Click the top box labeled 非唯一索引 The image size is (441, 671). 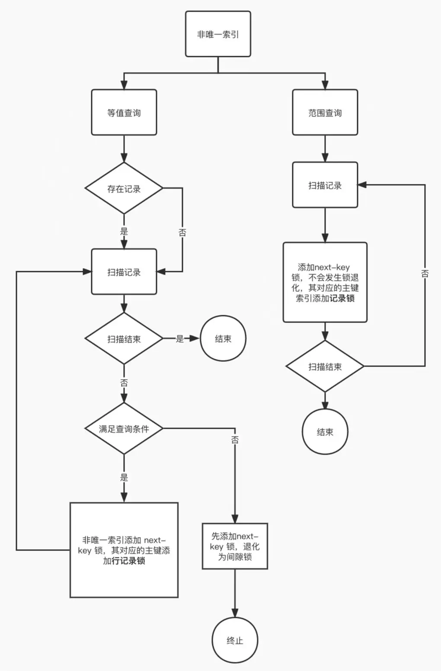218,34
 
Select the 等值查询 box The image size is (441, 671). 124,113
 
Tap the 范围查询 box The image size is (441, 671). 325,113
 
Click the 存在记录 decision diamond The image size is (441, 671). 124,188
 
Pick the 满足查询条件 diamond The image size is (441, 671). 124,429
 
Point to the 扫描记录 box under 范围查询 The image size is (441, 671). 325,185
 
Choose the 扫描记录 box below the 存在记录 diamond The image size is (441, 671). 124,272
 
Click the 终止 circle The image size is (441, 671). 235,640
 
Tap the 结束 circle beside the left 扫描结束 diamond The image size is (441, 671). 223,339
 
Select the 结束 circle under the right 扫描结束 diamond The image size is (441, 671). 325,432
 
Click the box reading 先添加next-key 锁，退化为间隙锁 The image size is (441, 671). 235,546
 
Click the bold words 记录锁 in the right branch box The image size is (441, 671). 342,298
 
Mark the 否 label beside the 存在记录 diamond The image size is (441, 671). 182,233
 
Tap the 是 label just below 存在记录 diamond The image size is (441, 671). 124,231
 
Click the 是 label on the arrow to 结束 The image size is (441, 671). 180,339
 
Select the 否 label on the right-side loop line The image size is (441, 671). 425,273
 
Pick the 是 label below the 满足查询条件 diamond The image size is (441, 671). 124,478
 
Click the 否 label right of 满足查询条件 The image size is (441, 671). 235,440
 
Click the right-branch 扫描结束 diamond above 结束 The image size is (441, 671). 325,367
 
